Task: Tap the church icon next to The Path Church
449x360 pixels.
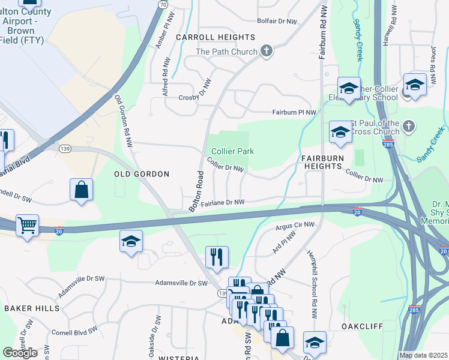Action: pyautogui.click(x=267, y=52)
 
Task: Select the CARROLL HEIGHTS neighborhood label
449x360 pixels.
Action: pyautogui.click(x=203, y=37)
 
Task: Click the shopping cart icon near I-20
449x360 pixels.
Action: pyautogui.click(x=27, y=226)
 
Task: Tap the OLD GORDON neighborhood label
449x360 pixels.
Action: pyautogui.click(x=142, y=173)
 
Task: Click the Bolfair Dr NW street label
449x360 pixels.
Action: pyautogui.click(x=277, y=21)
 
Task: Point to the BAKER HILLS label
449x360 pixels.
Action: pyautogui.click(x=32, y=308)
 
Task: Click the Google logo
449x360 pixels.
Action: pyautogui.click(x=20, y=353)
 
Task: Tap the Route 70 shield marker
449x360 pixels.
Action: pyautogui.click(x=162, y=4)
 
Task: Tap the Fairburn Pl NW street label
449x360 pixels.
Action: pyautogui.click(x=294, y=112)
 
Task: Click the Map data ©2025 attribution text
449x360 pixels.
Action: pyautogui.click(x=424, y=355)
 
